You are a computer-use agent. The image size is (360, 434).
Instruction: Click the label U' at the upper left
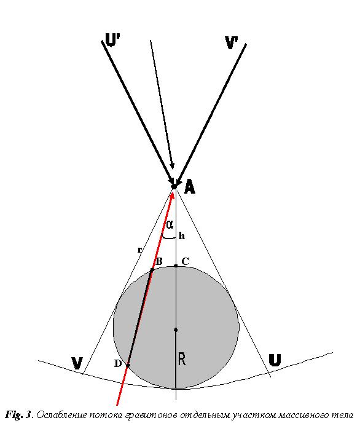112,39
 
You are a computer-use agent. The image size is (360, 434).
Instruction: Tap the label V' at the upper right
232,42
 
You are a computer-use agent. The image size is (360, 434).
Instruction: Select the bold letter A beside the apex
190,186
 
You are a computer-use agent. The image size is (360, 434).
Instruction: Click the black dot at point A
174,186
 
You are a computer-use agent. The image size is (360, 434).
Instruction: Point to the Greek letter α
170,224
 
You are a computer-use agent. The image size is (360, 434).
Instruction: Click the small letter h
181,236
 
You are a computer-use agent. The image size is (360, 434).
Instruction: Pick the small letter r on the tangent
139,250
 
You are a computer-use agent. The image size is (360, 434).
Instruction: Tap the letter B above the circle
159,261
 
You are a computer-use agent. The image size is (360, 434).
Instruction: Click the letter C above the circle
185,261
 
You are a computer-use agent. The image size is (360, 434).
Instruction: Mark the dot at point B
152,270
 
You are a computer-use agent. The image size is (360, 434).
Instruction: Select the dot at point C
176,266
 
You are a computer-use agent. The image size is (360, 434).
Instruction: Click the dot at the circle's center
176,330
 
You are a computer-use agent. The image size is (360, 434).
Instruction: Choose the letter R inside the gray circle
181,359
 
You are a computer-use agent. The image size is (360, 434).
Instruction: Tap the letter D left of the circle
118,363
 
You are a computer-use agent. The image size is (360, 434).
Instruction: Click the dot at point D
128,365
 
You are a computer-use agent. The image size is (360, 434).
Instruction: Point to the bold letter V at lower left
77,363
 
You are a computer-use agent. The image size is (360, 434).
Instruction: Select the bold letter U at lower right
275,360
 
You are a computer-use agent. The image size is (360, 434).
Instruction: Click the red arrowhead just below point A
173,195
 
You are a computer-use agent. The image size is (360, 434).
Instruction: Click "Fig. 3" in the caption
19,415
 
